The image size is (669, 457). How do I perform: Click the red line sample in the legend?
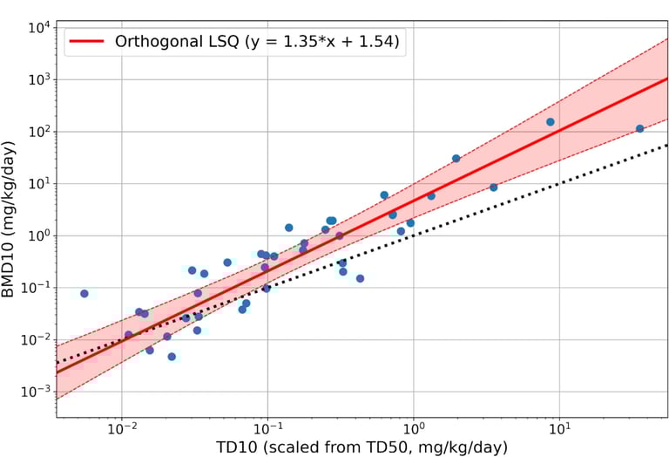[x=86, y=41]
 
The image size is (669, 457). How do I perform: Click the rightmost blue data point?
[x=639, y=128]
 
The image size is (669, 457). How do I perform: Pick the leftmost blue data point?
[x=84, y=294]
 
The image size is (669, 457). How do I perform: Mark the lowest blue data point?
[x=172, y=357]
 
